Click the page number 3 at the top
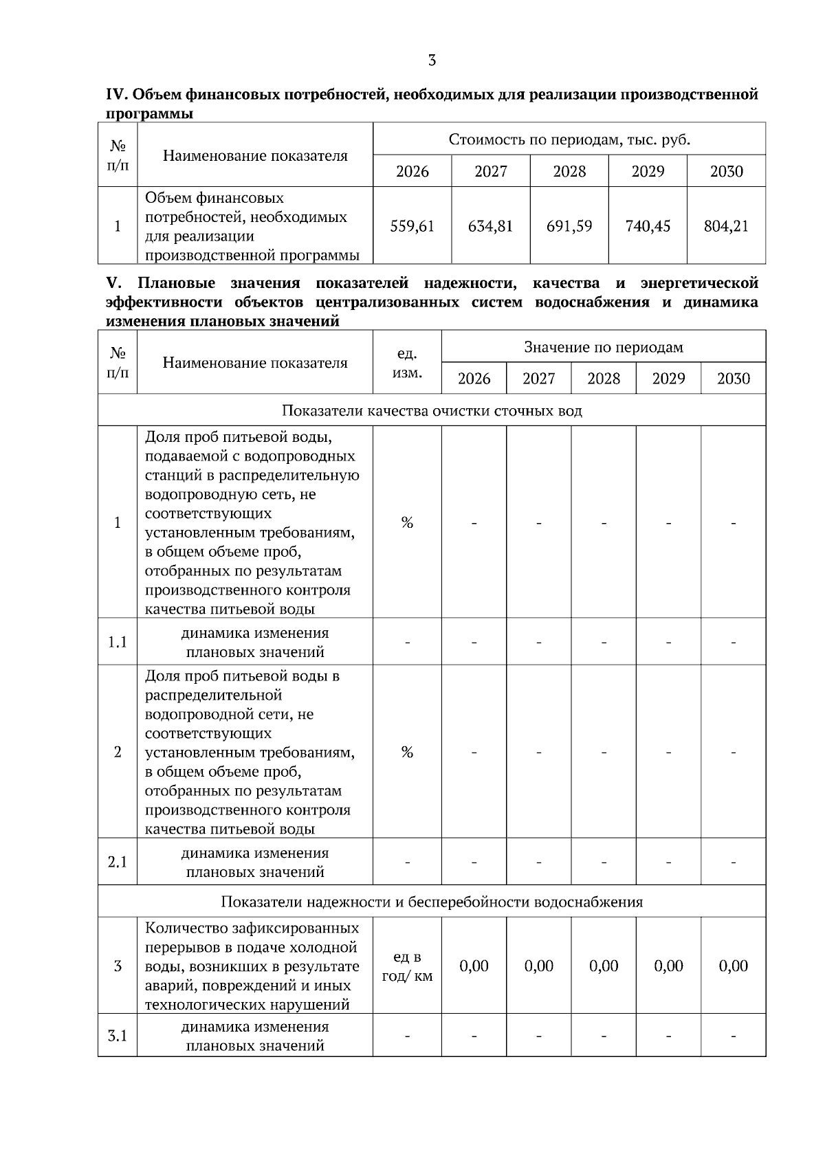click(432, 60)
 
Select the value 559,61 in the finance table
click(412, 226)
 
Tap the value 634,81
click(490, 226)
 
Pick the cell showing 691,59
click(569, 226)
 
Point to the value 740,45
click(648, 226)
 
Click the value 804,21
click(726, 226)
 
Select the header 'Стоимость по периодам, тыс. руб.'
click(569, 140)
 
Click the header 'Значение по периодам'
click(604, 347)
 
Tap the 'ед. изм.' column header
click(407, 363)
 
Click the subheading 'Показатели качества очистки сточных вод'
click(432, 411)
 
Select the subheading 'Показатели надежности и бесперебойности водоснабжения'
click(432, 902)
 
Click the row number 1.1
click(118, 643)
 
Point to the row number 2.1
click(118, 862)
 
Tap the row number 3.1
click(118, 1036)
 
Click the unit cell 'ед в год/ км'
click(407, 966)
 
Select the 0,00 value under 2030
click(733, 966)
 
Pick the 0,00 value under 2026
click(474, 966)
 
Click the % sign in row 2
click(407, 753)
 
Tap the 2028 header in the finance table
click(569, 171)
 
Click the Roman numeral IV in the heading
click(113, 95)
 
